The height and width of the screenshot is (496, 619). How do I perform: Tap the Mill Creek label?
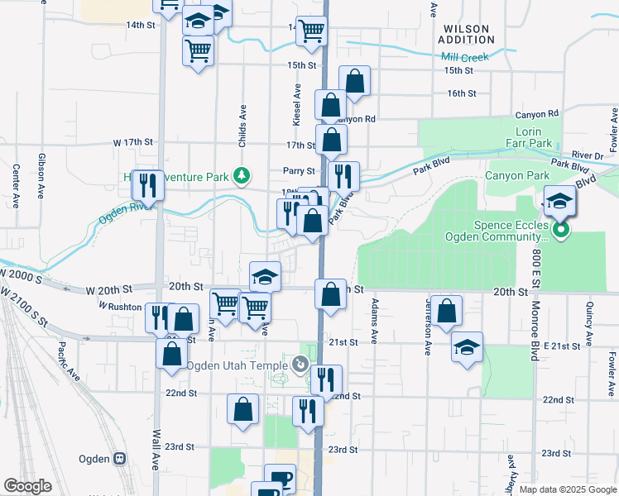tap(465, 57)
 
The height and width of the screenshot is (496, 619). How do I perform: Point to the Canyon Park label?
tap(516, 175)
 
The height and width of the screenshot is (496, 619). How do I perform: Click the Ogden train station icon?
tap(119, 458)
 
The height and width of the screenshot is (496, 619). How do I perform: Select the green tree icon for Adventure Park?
tap(241, 175)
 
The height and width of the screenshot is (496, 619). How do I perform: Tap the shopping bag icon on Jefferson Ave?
tap(446, 311)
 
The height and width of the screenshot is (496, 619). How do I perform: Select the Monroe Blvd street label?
tap(535, 317)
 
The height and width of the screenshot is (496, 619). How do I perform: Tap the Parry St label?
tap(300, 171)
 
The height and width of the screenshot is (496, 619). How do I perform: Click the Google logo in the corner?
tap(27, 486)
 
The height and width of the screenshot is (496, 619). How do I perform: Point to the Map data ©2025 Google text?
tap(568, 489)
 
